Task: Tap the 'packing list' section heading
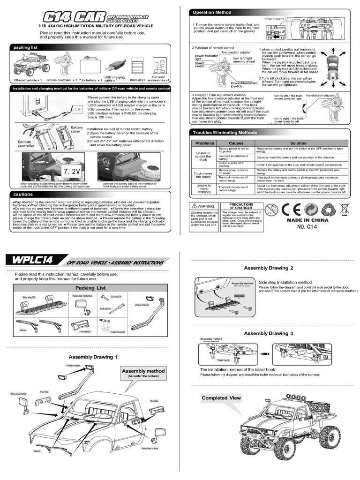26,47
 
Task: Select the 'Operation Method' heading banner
210,12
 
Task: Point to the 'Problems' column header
204,143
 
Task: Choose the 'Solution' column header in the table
298,143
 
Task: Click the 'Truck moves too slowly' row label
203,175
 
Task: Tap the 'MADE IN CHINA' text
307,220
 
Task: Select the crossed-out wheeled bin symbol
344,209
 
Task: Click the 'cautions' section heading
22,194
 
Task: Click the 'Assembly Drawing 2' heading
269,268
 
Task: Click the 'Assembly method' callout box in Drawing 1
143,373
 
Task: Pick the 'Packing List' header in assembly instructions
90,288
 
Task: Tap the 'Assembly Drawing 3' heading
269,333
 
